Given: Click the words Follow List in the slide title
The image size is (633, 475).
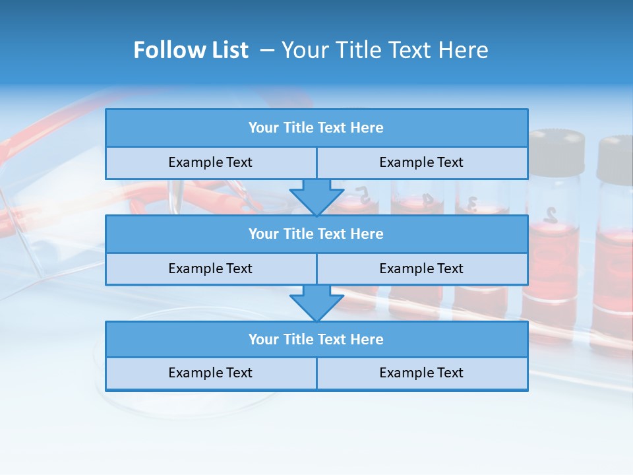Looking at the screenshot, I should tap(191, 50).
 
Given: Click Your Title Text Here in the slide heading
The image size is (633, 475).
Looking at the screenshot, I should tap(384, 50).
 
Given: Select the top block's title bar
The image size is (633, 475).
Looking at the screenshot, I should tap(316, 128).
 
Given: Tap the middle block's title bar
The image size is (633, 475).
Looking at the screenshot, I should tap(316, 234).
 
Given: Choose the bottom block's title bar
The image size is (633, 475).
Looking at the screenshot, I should tap(316, 339).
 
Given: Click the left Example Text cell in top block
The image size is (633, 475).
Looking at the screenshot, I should tap(210, 162).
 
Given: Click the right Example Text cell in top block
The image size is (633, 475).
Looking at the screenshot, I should tap(421, 162).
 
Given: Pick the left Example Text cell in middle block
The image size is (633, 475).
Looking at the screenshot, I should tap(210, 269).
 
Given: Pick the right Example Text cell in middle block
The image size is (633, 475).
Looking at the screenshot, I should tap(421, 269).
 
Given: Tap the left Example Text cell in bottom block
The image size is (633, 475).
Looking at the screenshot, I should tap(210, 373).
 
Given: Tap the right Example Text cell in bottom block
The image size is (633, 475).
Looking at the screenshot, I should tap(421, 373).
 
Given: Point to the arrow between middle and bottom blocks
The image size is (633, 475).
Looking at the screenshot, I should tap(316, 303).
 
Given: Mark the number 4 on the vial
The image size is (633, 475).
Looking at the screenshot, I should tap(427, 197).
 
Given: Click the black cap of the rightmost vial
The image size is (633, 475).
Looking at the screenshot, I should tap(616, 158).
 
